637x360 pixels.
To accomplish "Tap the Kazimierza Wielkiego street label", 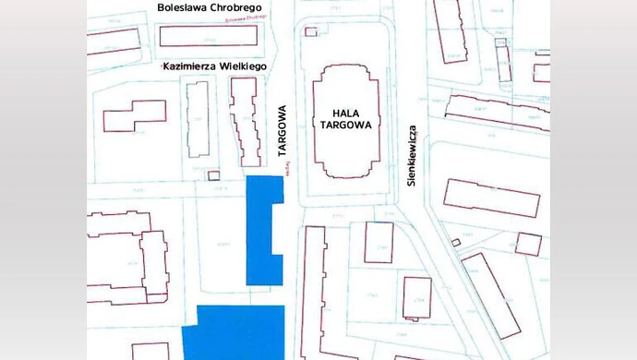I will pyautogui.click(x=214, y=66).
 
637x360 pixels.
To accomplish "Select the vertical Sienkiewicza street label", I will pyautogui.click(x=413, y=156).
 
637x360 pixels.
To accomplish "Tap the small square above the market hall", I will pyautogui.click(x=310, y=31).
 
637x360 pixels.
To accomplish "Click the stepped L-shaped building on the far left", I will pyautogui.click(x=135, y=116).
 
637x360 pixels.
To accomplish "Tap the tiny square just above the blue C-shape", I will pyautogui.click(x=214, y=175).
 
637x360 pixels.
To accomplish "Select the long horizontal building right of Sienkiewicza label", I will pyautogui.click(x=490, y=198).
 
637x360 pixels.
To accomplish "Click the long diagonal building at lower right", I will pyautogui.click(x=490, y=294).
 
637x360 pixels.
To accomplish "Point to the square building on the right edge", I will pyautogui.click(x=528, y=244).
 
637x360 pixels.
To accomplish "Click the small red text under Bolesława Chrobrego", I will pyautogui.click(x=246, y=18).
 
